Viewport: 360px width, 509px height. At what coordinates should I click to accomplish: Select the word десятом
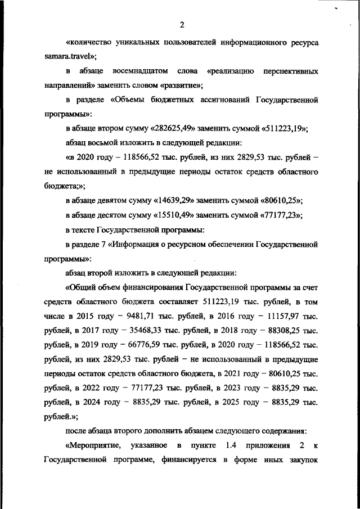[x=115, y=215]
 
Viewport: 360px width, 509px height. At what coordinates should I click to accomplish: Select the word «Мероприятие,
[x=93, y=446]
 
